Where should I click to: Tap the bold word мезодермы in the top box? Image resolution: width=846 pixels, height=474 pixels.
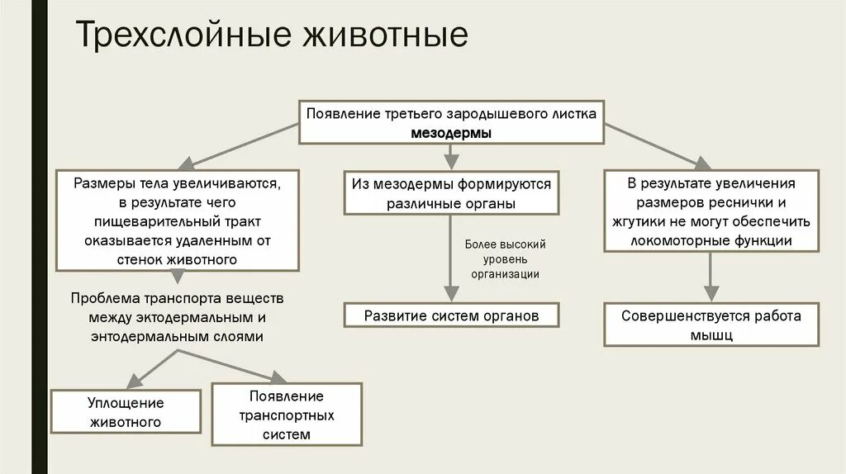point(450,132)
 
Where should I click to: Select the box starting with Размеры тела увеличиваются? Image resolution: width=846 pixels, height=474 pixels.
point(178,220)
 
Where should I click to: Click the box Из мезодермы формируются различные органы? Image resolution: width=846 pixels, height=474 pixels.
point(450,193)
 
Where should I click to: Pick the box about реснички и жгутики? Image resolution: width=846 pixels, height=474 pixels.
point(711,211)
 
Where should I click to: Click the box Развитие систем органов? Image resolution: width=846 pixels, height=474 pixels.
point(451,315)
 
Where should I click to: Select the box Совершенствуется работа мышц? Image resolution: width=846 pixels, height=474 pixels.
point(711,325)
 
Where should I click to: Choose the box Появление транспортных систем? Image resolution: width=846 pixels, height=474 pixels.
point(287,414)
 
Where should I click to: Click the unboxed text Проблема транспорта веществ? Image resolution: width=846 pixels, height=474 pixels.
point(177,297)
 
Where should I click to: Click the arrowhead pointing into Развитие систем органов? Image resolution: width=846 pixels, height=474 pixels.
point(450,293)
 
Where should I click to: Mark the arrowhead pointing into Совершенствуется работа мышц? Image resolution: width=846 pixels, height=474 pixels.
point(711,293)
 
